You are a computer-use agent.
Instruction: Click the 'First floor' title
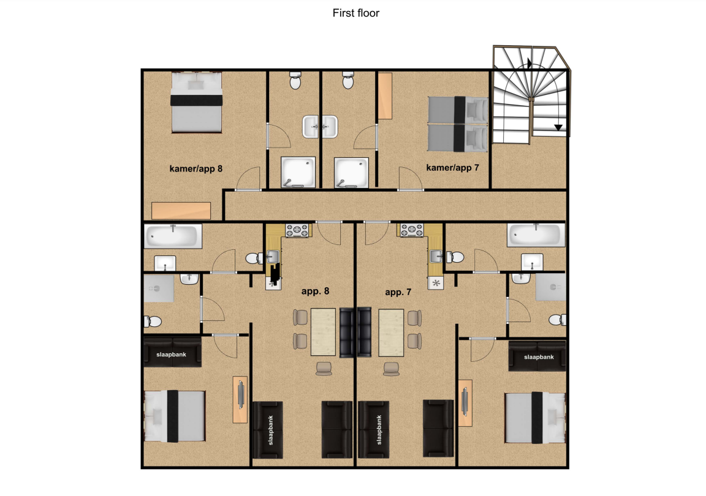(x=355, y=13)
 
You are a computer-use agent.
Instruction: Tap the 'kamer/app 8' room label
(x=196, y=169)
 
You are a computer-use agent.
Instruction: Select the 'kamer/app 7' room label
(x=452, y=168)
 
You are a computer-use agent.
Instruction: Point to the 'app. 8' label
(x=315, y=291)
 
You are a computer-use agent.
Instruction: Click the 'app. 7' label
(x=398, y=292)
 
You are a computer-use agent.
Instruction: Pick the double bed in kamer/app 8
(x=196, y=103)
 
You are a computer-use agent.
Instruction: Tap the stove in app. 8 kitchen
(x=297, y=230)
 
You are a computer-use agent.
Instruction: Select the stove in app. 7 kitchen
(x=412, y=230)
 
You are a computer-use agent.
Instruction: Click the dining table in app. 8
(x=323, y=332)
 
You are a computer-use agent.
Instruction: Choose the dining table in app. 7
(x=391, y=333)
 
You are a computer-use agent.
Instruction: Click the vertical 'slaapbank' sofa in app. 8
(x=267, y=430)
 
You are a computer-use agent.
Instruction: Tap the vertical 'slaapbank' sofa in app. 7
(x=373, y=430)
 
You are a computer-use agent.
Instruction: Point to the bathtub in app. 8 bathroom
(x=173, y=236)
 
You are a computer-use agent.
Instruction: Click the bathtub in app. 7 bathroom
(x=536, y=235)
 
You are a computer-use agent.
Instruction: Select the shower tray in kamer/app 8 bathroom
(x=298, y=172)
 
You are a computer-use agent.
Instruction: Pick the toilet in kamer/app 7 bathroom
(x=347, y=80)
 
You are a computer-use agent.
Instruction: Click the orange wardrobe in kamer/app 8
(x=181, y=211)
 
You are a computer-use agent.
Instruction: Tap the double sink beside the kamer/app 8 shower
(x=320, y=127)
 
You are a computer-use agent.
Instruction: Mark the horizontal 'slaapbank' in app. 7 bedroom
(x=537, y=356)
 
